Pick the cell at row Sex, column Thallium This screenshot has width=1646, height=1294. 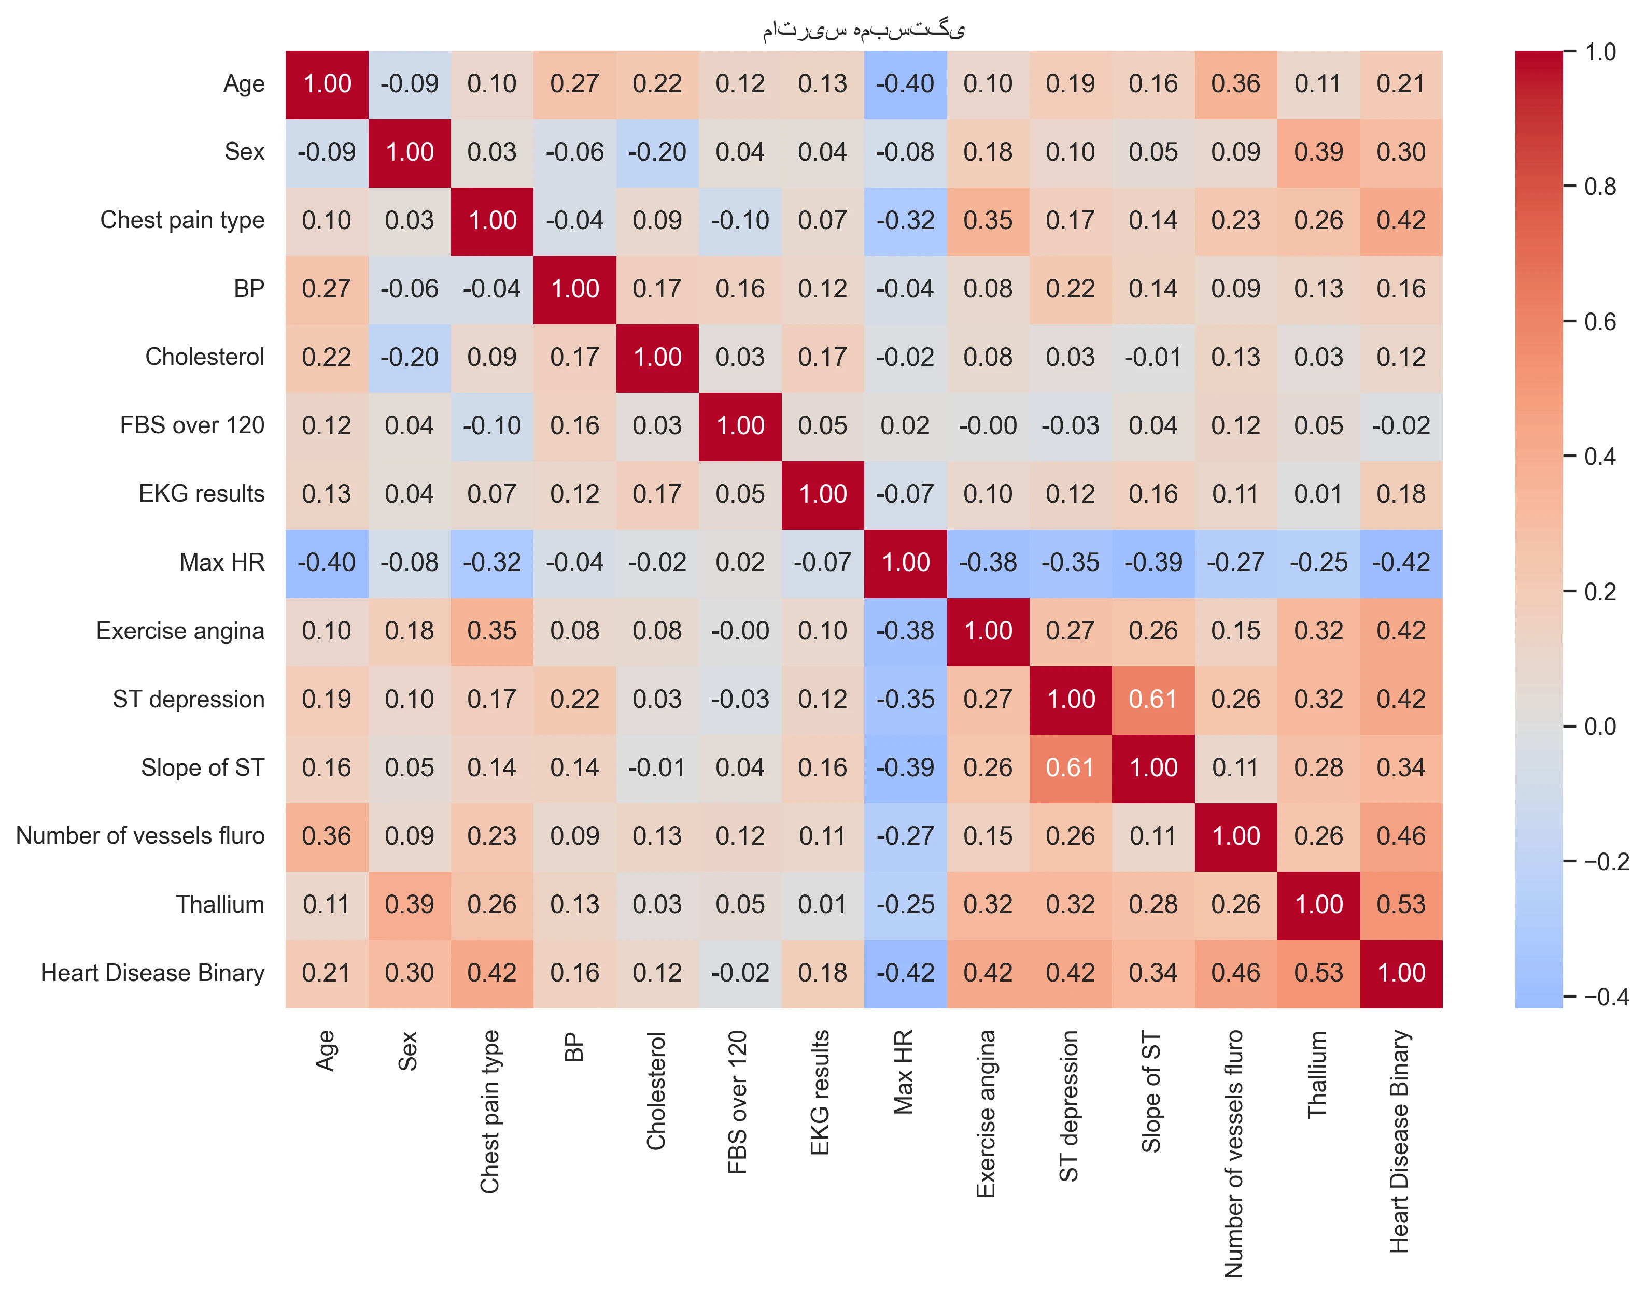[x=1319, y=153]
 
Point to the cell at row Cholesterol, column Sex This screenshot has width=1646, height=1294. [x=409, y=358]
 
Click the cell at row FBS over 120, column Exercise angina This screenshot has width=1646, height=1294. [x=988, y=426]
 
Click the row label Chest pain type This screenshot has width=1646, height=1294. [x=182, y=220]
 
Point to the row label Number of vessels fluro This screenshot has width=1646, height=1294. [x=140, y=836]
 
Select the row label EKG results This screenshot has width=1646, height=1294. [x=202, y=494]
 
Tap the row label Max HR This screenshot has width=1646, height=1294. [x=222, y=562]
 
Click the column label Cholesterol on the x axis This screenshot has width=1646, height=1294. [x=656, y=1091]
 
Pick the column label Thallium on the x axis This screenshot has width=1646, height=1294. [x=1318, y=1074]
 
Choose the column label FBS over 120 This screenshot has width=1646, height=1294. [x=738, y=1102]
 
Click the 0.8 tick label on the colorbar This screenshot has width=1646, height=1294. [x=1600, y=187]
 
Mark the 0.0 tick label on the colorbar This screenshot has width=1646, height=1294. [x=1600, y=727]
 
